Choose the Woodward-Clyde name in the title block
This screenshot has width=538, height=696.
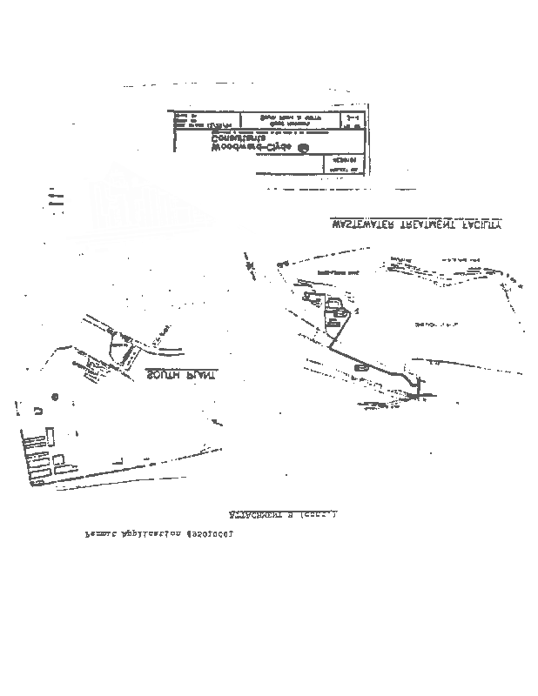(x=253, y=148)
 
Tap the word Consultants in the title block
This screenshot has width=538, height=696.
(x=240, y=137)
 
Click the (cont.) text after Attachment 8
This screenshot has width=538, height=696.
(x=319, y=515)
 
